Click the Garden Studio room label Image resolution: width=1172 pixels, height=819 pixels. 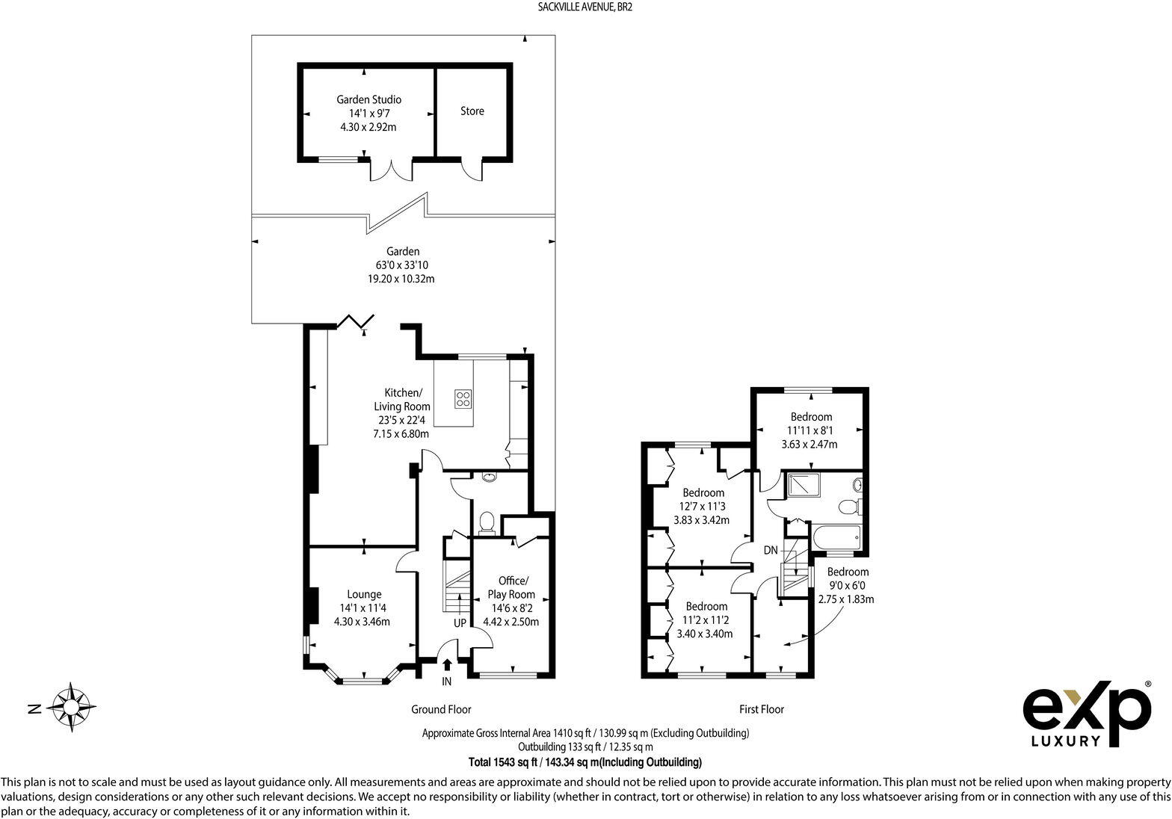[368, 99]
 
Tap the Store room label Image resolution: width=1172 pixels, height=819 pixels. [472, 111]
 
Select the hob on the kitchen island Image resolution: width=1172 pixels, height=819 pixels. [463, 398]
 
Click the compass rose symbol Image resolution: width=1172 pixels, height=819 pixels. [70, 705]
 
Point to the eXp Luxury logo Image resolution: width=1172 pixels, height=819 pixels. [1086, 713]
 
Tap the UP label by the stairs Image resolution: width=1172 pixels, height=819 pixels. [460, 623]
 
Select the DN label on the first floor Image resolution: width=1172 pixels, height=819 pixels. [771, 551]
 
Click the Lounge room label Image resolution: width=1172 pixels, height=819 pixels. [364, 595]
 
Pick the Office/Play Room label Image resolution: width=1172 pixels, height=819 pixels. [513, 587]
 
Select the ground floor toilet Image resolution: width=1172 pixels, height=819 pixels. [487, 521]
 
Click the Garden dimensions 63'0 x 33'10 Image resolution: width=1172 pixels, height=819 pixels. [402, 265]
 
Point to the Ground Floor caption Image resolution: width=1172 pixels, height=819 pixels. [441, 709]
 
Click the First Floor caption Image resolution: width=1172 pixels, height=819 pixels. [762, 709]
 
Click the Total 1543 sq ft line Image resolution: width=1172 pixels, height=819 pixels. [585, 762]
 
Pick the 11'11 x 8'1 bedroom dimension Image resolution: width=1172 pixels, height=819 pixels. [810, 430]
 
